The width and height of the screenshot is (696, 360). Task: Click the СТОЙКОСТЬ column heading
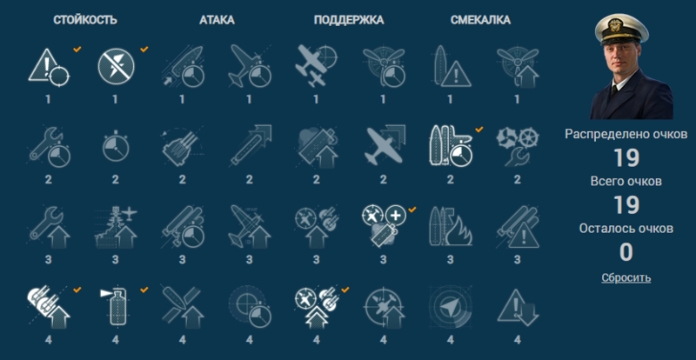point(85,19)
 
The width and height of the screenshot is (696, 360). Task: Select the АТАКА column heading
point(217,19)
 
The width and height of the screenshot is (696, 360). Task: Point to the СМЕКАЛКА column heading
point(481,19)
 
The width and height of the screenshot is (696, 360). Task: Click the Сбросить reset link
point(626,277)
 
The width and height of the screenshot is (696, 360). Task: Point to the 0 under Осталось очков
point(626,252)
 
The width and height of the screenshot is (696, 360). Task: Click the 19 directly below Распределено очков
point(626,158)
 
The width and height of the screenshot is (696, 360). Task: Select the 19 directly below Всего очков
point(626,205)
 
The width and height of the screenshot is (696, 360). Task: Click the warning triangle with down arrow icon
point(513,305)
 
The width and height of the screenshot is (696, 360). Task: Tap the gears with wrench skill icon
point(513,144)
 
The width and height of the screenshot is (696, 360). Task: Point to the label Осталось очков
point(626,228)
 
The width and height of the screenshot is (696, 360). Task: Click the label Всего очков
point(626,181)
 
